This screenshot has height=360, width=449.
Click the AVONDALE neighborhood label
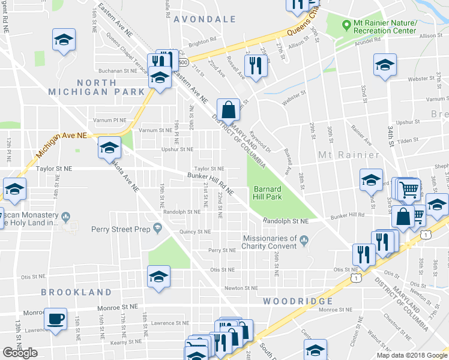205,19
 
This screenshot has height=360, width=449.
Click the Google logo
20,353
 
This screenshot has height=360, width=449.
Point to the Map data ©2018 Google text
412,355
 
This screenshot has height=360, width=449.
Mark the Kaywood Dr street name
261,141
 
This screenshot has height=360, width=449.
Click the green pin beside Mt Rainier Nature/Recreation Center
346,26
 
